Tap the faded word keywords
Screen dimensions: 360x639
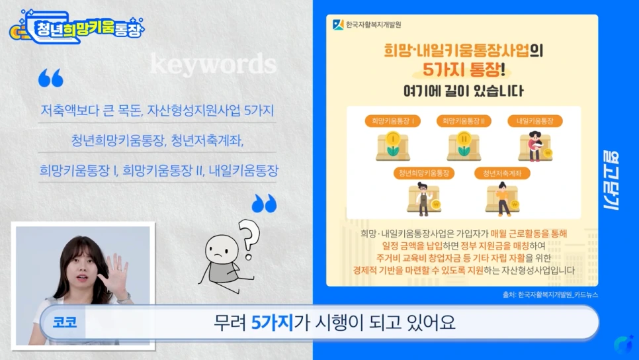click(x=212, y=64)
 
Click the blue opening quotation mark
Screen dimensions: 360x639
click(x=51, y=78)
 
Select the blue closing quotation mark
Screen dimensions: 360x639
click(x=264, y=203)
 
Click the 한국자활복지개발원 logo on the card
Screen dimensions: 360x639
click(x=368, y=25)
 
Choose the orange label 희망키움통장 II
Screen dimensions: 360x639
click(x=463, y=121)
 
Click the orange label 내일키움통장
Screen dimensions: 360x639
click(x=534, y=121)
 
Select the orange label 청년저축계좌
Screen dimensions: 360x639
click(x=502, y=173)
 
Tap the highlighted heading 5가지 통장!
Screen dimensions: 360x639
click(x=462, y=69)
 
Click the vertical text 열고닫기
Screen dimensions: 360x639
click(x=610, y=179)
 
